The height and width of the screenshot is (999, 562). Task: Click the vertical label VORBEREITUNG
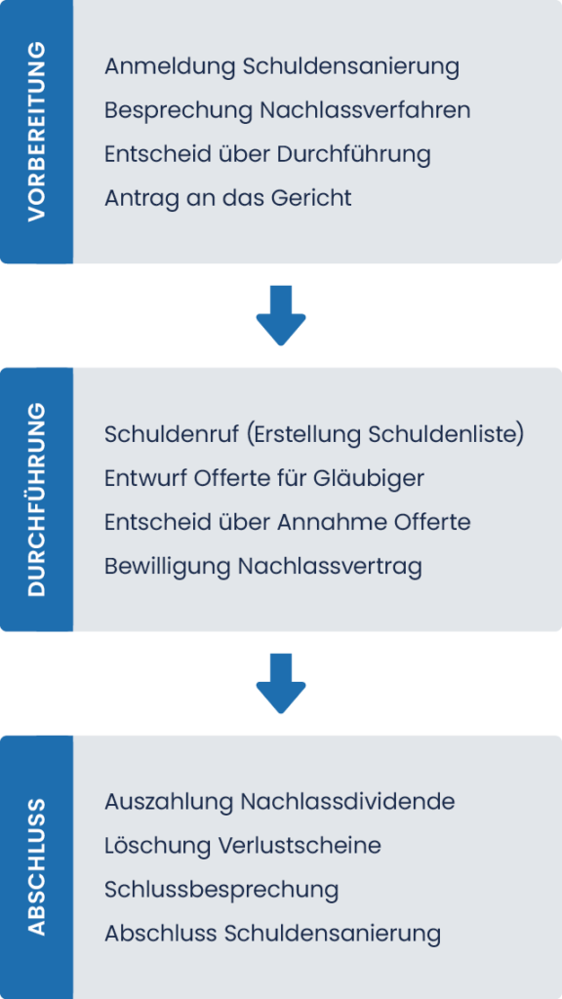[x=37, y=132]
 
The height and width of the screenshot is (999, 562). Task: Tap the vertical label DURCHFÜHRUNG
[x=37, y=499]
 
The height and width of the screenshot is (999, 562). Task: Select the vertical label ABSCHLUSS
[x=37, y=866]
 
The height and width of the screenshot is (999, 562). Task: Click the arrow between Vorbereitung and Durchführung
[x=281, y=315]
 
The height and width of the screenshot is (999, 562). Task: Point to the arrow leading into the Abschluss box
[x=281, y=683]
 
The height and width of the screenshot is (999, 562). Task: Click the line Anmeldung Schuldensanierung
[x=282, y=67]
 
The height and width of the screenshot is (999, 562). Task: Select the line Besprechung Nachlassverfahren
[x=288, y=111]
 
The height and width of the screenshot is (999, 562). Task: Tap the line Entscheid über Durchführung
[x=267, y=155]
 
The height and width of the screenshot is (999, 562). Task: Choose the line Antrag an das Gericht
[x=228, y=199]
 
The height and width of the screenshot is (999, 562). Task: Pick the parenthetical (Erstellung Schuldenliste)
[x=385, y=435]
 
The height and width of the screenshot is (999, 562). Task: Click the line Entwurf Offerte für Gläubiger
[x=264, y=478]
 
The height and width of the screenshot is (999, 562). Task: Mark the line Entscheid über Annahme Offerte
[x=288, y=523]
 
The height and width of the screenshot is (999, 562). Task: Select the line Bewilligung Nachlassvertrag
[x=263, y=567]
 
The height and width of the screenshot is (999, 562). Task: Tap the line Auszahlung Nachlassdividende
[x=280, y=802]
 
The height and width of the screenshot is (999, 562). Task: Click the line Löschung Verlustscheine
[x=243, y=846]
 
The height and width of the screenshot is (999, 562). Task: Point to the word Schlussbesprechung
[x=221, y=891]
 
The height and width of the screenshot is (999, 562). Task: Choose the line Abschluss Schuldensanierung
[x=273, y=935]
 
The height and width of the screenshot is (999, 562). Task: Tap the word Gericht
[x=311, y=199]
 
